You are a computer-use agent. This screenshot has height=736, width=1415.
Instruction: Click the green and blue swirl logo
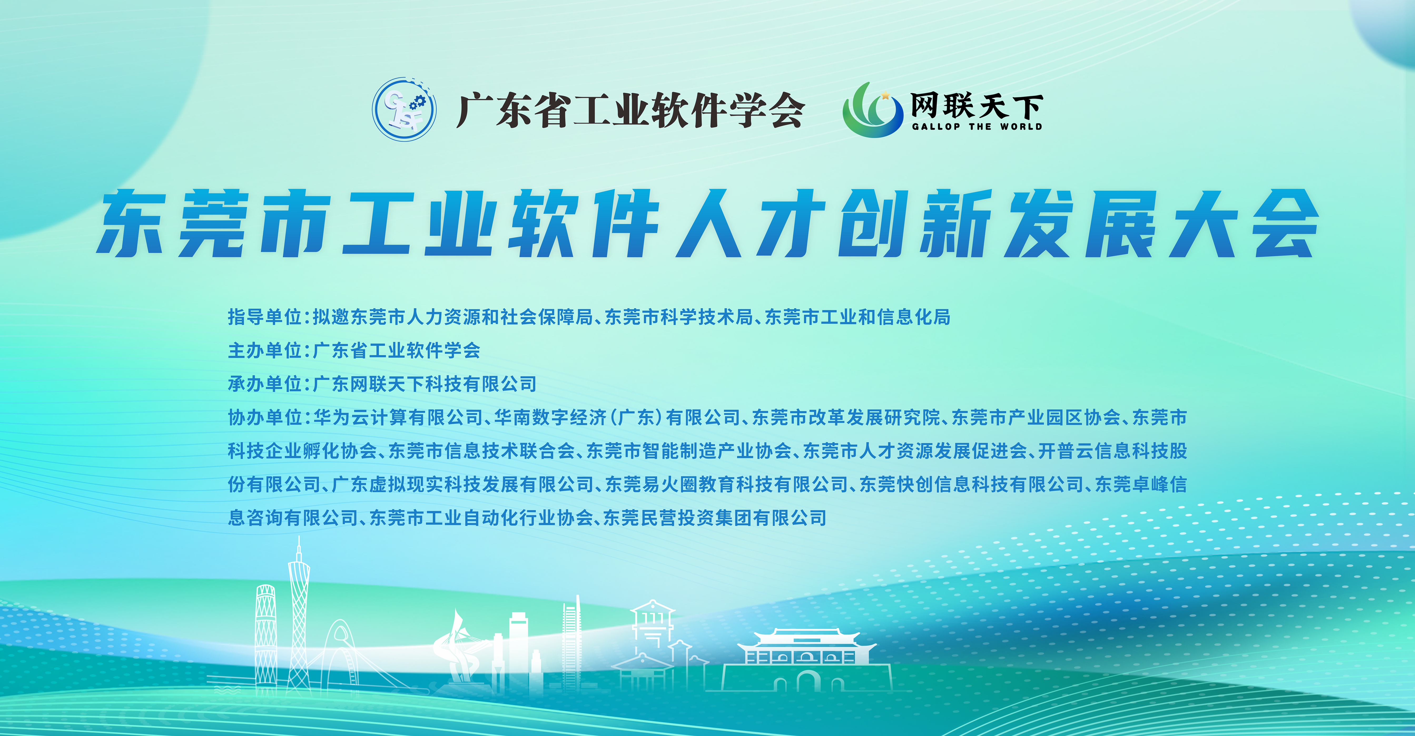[x=872, y=110]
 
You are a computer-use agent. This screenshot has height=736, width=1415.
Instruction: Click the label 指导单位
[x=265, y=317]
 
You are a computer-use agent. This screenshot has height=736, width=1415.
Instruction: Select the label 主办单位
[x=265, y=351]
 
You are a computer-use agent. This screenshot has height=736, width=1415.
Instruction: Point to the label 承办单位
[x=265, y=384]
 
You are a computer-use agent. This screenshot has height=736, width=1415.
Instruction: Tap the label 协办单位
[x=265, y=418]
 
